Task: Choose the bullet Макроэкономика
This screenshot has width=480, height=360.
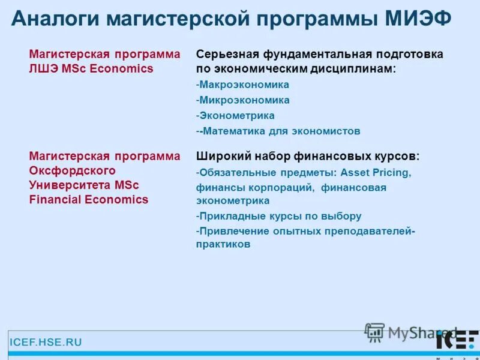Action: (244, 85)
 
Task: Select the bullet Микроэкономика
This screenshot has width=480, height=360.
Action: (244, 100)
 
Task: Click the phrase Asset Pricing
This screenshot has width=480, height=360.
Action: (376, 173)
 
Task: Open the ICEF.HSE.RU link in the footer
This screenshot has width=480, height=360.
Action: (46, 343)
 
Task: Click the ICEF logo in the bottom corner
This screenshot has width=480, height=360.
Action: (456, 340)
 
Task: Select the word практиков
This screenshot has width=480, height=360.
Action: (223, 244)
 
